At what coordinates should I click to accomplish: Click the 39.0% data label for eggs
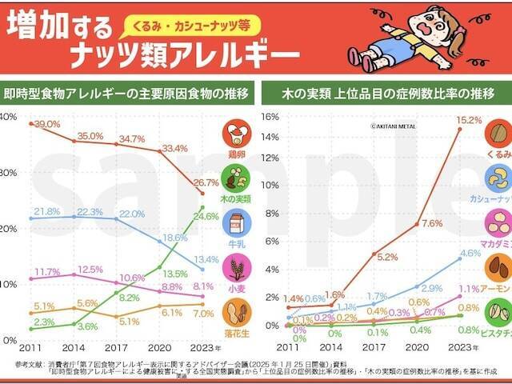click(x=47, y=124)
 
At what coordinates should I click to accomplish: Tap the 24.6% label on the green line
click(x=206, y=217)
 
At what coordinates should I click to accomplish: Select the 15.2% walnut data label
click(x=469, y=121)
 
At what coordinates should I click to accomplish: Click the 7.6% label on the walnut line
click(x=432, y=223)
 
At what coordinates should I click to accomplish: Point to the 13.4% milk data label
click(x=206, y=259)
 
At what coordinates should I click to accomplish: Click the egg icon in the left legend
click(x=236, y=134)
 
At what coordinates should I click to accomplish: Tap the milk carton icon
click(x=236, y=222)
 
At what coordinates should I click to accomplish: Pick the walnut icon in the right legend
click(x=498, y=133)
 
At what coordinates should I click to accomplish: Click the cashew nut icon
click(x=498, y=178)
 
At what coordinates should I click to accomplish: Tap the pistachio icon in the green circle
click(x=498, y=311)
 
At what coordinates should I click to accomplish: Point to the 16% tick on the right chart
click(x=270, y=117)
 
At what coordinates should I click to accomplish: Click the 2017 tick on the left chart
click(x=116, y=348)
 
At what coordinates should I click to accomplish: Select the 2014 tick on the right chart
click(x=330, y=348)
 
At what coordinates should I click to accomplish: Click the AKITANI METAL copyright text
click(x=394, y=126)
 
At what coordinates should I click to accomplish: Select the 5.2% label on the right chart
click(x=387, y=257)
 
